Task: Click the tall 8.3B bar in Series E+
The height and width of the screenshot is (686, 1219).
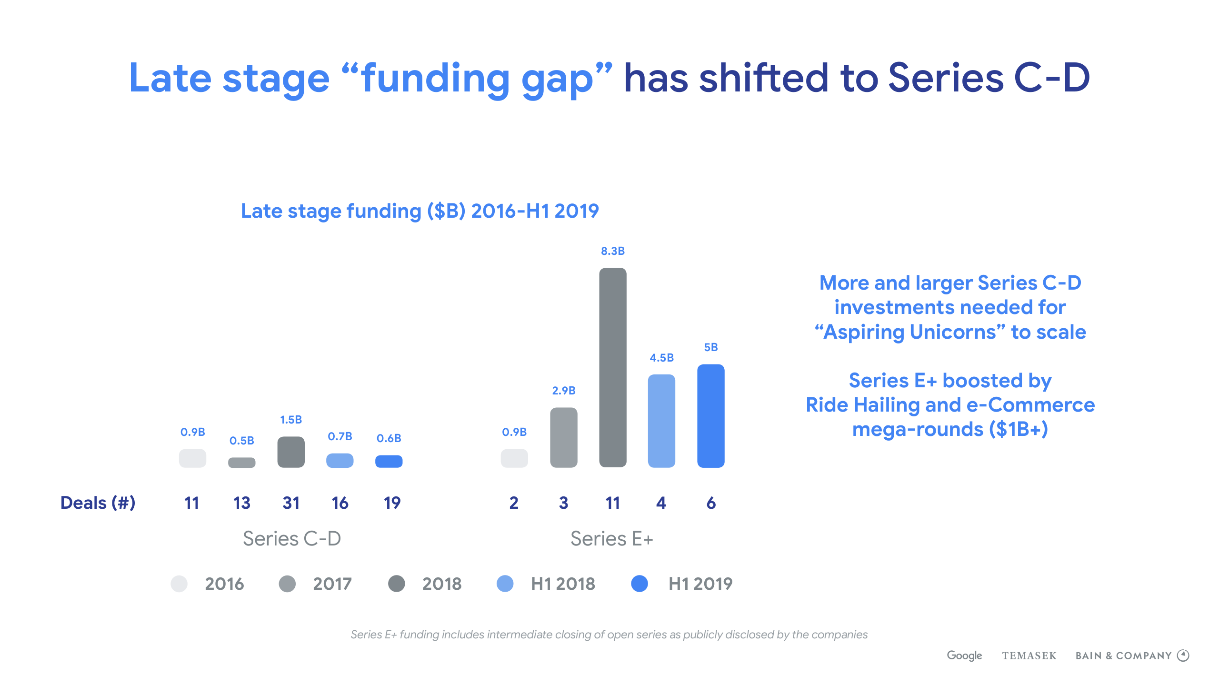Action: [612, 367]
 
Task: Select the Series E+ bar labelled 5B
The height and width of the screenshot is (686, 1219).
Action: [710, 416]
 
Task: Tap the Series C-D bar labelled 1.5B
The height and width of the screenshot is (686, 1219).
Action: [291, 452]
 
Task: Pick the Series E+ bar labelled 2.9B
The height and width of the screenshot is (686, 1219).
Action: [563, 437]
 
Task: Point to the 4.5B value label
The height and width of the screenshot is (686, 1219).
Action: [661, 358]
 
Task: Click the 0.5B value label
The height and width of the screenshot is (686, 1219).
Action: [241, 441]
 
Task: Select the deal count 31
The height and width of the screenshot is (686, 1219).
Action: [291, 503]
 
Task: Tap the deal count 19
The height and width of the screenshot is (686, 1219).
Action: [392, 503]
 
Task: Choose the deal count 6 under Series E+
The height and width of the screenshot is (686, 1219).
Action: [711, 503]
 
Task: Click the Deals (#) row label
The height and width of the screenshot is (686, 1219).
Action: [98, 503]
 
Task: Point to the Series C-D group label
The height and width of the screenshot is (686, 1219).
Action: [292, 539]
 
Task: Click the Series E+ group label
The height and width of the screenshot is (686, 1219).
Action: [611, 539]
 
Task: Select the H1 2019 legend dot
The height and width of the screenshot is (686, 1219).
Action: [639, 584]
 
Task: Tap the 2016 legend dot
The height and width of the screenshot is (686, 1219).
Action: [179, 584]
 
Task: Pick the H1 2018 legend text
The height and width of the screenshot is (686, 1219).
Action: [563, 584]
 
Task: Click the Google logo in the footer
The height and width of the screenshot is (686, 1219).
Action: [964, 656]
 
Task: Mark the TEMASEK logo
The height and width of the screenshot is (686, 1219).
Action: [1029, 656]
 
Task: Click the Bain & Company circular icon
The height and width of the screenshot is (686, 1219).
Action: [1183, 656]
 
